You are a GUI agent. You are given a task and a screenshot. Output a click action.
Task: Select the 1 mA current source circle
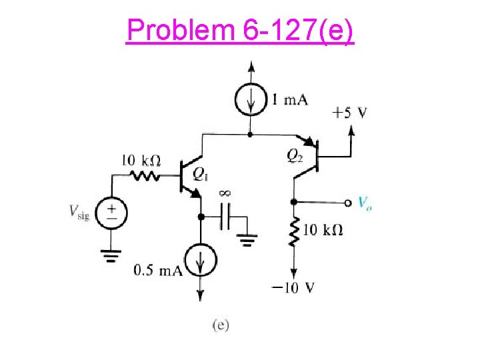tap(251, 101)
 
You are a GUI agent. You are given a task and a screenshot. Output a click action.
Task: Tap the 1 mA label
tap(289, 100)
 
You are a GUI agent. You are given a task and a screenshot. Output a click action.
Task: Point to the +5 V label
tap(349, 112)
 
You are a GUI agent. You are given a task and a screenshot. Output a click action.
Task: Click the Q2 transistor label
tap(295, 155)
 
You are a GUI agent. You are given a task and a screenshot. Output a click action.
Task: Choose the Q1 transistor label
tap(200, 175)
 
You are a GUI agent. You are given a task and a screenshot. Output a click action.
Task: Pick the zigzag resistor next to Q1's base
tap(145, 177)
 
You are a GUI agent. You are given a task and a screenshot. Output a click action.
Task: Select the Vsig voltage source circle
tap(111, 213)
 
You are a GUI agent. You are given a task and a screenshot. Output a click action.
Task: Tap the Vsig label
tap(79, 212)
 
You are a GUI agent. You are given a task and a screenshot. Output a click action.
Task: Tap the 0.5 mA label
tap(159, 270)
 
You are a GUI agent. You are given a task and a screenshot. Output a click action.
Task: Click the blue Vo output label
tap(365, 203)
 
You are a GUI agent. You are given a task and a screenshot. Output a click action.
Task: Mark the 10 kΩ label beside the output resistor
tap(323, 230)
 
